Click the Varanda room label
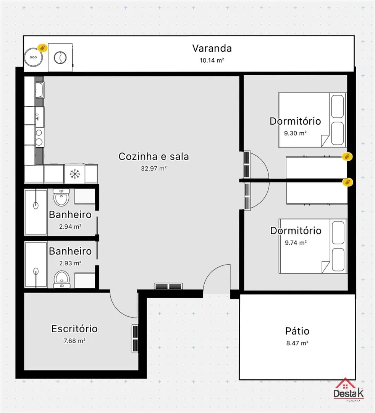[212, 48]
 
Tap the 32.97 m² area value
[154, 168]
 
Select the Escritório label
[74, 329]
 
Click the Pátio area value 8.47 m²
[297, 343]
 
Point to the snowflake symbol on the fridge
[75, 174]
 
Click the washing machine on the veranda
[60, 57]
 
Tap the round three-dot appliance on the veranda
[33, 57]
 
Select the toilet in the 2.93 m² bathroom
[62, 280]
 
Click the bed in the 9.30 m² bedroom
[312, 120]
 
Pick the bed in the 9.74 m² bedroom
[313, 246]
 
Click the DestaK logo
[349, 390]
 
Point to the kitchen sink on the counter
[40, 90]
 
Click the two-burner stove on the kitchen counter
[39, 137]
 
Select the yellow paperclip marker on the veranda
[42, 48]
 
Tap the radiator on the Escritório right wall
[135, 338]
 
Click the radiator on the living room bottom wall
[168, 286]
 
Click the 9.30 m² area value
[295, 133]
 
